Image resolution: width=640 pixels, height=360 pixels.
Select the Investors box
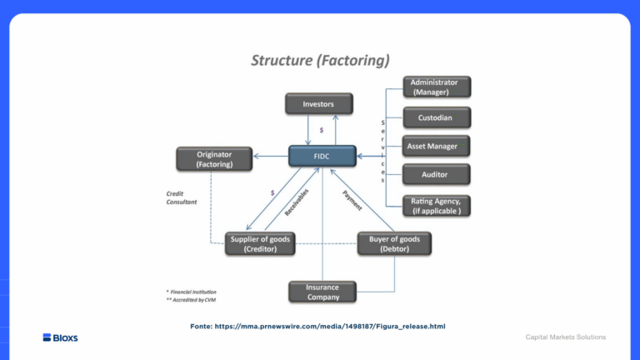point(318,104)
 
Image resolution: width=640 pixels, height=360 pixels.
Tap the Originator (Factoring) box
point(214,158)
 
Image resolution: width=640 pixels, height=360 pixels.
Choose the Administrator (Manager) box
point(436,87)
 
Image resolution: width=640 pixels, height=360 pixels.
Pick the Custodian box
point(436,117)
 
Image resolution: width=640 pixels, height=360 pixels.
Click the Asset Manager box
point(436,146)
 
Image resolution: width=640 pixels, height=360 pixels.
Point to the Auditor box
point(436,175)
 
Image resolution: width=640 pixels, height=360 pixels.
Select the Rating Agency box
point(436,205)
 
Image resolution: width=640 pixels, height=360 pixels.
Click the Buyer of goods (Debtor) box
point(393,243)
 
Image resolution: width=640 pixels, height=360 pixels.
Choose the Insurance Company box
point(322,292)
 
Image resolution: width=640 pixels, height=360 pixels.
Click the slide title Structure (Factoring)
point(320,60)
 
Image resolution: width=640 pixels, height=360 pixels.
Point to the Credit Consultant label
point(181,197)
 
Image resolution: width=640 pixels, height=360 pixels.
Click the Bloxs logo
point(60,337)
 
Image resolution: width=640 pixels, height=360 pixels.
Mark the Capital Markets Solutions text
point(565,337)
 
